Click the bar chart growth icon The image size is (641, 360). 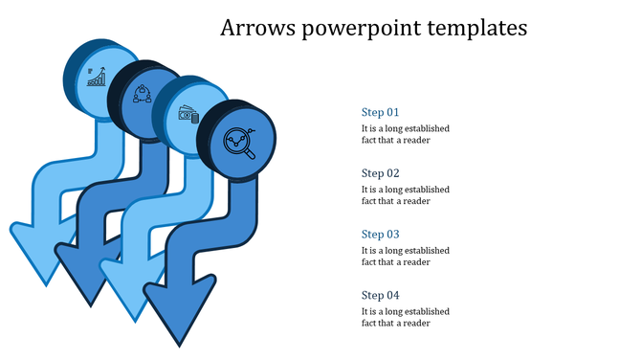(97, 76)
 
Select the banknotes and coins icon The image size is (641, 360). (188, 116)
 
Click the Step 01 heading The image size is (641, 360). (380, 112)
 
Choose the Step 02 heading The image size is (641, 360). (380, 173)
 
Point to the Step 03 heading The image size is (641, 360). (380, 235)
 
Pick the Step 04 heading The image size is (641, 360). (380, 295)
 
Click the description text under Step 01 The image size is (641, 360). (405, 134)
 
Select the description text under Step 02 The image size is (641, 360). (405, 195)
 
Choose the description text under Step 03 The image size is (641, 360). (405, 257)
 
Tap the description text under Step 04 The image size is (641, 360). (405, 318)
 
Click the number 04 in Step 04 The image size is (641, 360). (392, 295)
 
